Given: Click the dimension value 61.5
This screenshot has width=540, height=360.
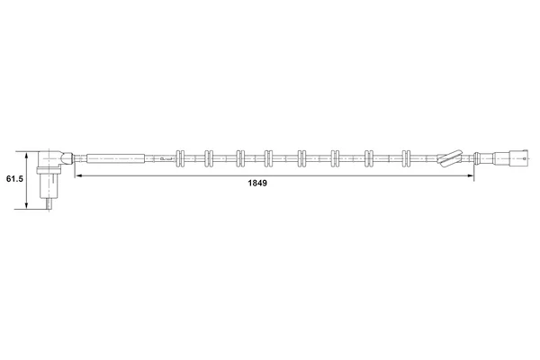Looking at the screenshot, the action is click(x=14, y=179).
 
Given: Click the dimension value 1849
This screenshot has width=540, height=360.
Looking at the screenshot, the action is click(x=257, y=184).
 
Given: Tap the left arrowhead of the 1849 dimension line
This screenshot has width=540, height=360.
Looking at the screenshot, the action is click(x=79, y=175).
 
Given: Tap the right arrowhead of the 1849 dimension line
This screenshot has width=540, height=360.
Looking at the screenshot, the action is click(x=470, y=175).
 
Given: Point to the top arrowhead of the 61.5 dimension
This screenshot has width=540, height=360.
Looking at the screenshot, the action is click(x=26, y=156).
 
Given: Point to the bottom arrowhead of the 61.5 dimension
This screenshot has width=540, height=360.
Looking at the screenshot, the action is click(x=26, y=205).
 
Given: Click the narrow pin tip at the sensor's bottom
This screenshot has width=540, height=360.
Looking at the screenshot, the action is click(x=49, y=204).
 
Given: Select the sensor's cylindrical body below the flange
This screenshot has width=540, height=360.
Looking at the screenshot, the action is click(x=49, y=185).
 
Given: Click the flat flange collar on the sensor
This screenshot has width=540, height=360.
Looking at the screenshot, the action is click(x=49, y=170).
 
